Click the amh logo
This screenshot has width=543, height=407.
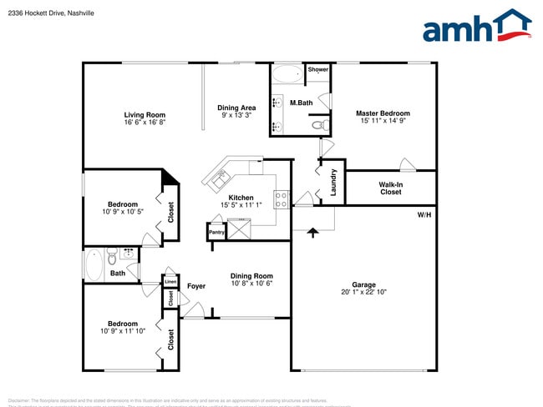477,28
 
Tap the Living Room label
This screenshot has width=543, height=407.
145,115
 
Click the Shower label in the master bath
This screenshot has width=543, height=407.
317,70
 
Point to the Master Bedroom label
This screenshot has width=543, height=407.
383,113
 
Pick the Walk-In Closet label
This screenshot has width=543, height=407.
390,188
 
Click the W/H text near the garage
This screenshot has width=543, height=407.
425,215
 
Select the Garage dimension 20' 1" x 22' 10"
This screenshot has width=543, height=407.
363,292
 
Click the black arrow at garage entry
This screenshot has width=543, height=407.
313,232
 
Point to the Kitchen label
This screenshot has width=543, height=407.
241,198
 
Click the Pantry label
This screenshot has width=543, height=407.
216,233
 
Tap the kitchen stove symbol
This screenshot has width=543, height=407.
282,199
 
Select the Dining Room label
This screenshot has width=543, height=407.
251,276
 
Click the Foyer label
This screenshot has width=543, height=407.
196,286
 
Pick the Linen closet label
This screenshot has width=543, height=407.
170,282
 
